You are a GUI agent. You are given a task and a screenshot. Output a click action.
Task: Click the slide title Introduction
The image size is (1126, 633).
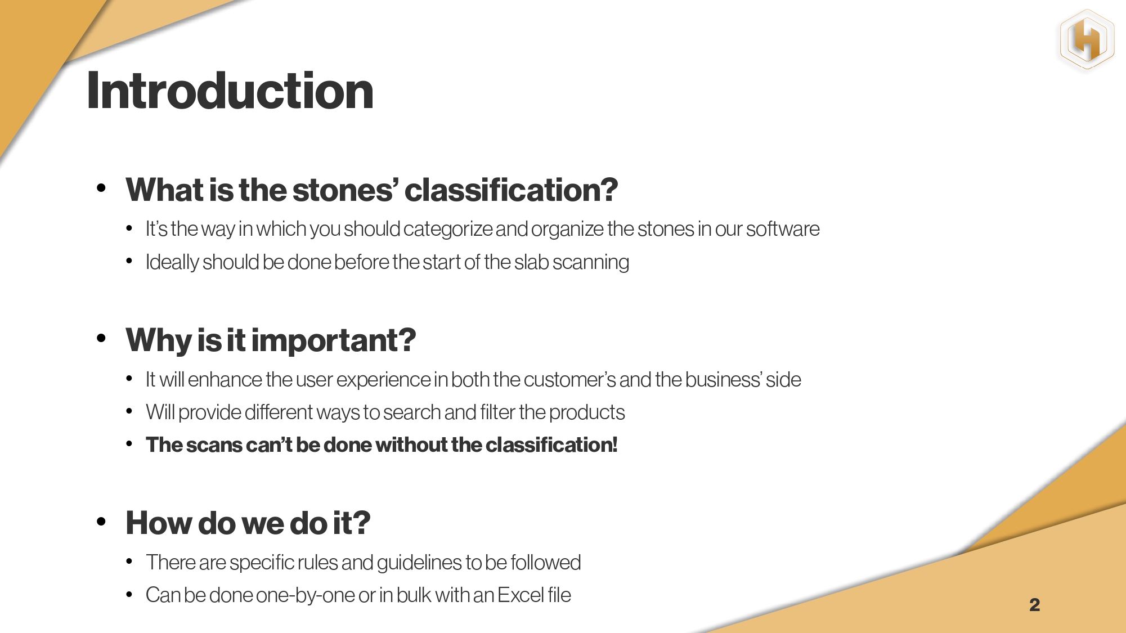point(230,91)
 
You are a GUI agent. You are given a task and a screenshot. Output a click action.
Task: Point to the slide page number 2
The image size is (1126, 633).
point(1034,605)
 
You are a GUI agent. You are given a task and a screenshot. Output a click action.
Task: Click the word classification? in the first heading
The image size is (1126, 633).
point(511,190)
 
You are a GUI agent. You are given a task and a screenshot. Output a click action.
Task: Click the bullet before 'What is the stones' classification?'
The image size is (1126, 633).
point(101,188)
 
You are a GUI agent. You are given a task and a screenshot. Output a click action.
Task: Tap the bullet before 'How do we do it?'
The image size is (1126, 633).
point(101,522)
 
